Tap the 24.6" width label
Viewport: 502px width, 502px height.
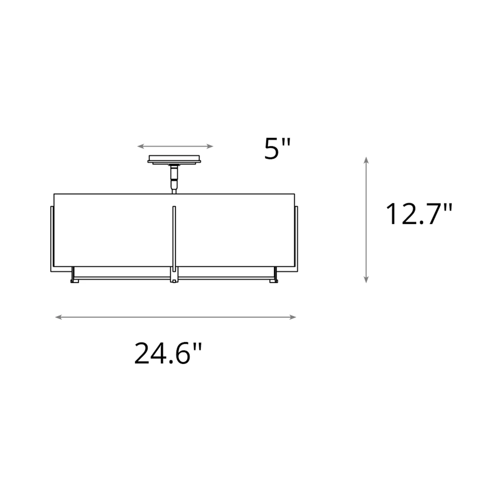coord(168,353)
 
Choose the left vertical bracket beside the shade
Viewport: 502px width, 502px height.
coord(52,238)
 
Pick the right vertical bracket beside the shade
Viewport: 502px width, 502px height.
coord(296,238)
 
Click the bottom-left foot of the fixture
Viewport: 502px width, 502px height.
coord(74,281)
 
